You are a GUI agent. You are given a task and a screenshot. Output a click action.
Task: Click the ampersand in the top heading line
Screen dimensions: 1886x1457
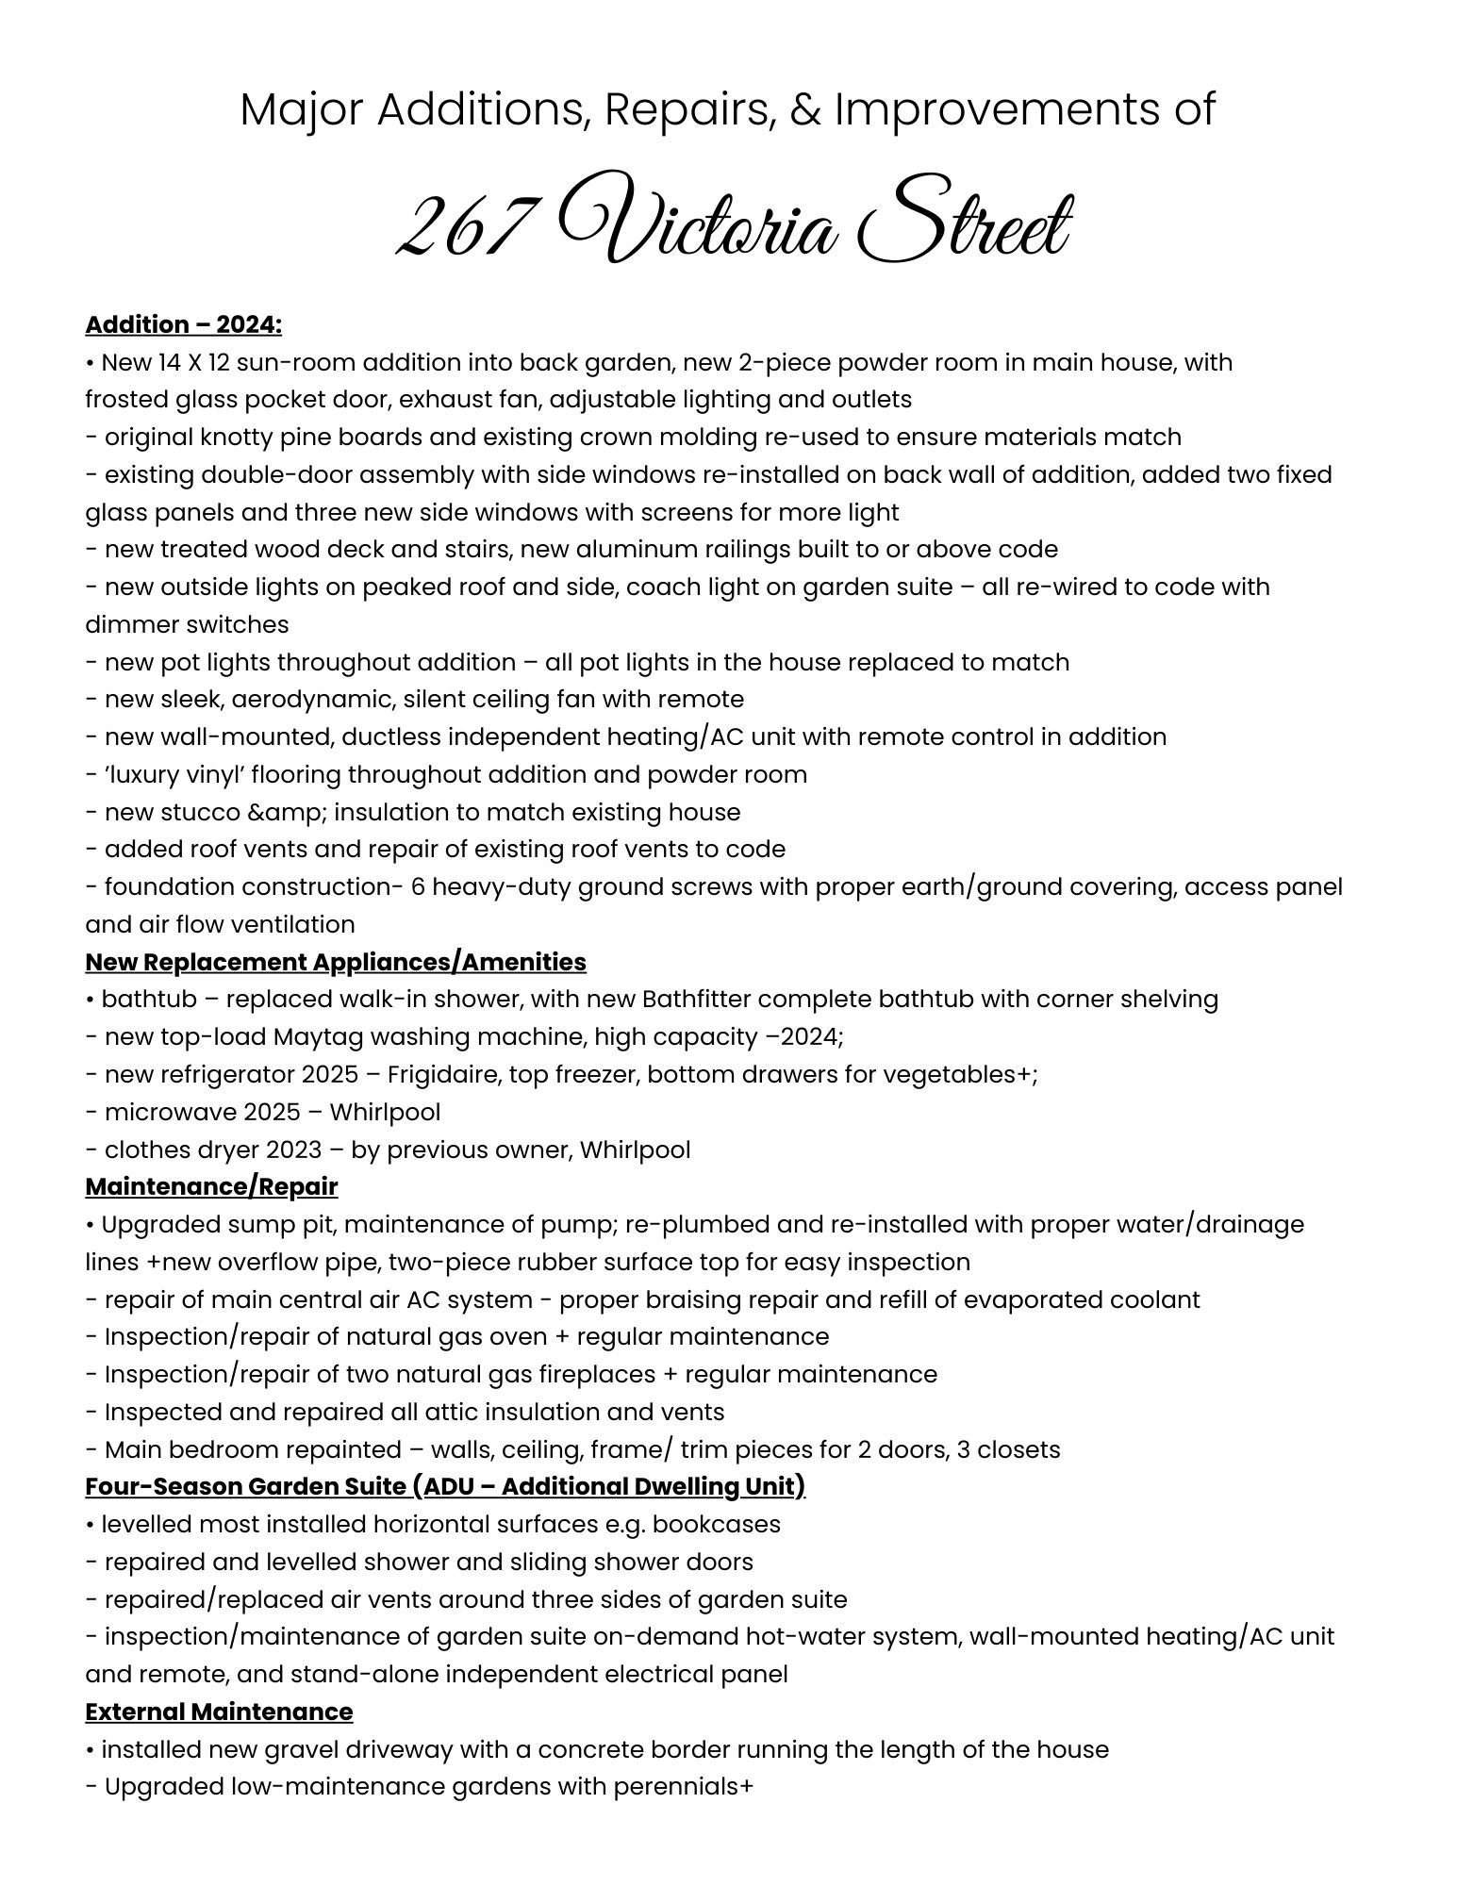[804, 109]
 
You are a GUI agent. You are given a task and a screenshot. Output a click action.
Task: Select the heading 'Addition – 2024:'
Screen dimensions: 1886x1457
[184, 324]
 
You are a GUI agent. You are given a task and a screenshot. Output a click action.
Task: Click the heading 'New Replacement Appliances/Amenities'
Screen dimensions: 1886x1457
[336, 962]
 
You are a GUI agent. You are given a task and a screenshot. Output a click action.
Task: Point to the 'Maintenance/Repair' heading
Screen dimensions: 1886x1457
[211, 1186]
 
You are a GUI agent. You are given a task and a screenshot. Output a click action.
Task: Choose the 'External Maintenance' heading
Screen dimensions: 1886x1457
[219, 1712]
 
